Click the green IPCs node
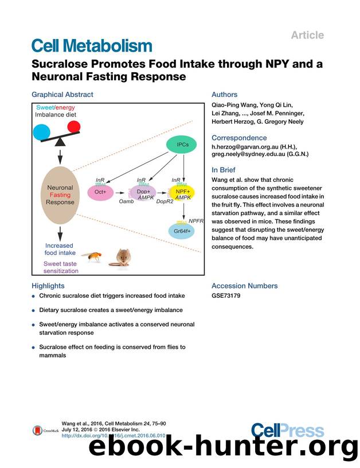coord(182,145)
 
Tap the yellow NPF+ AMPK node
coord(182,193)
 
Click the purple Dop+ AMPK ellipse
coord(143,193)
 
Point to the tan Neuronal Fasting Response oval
coord(60,195)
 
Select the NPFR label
coord(196,220)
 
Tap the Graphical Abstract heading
coord(62,95)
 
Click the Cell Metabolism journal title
coord(92,45)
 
